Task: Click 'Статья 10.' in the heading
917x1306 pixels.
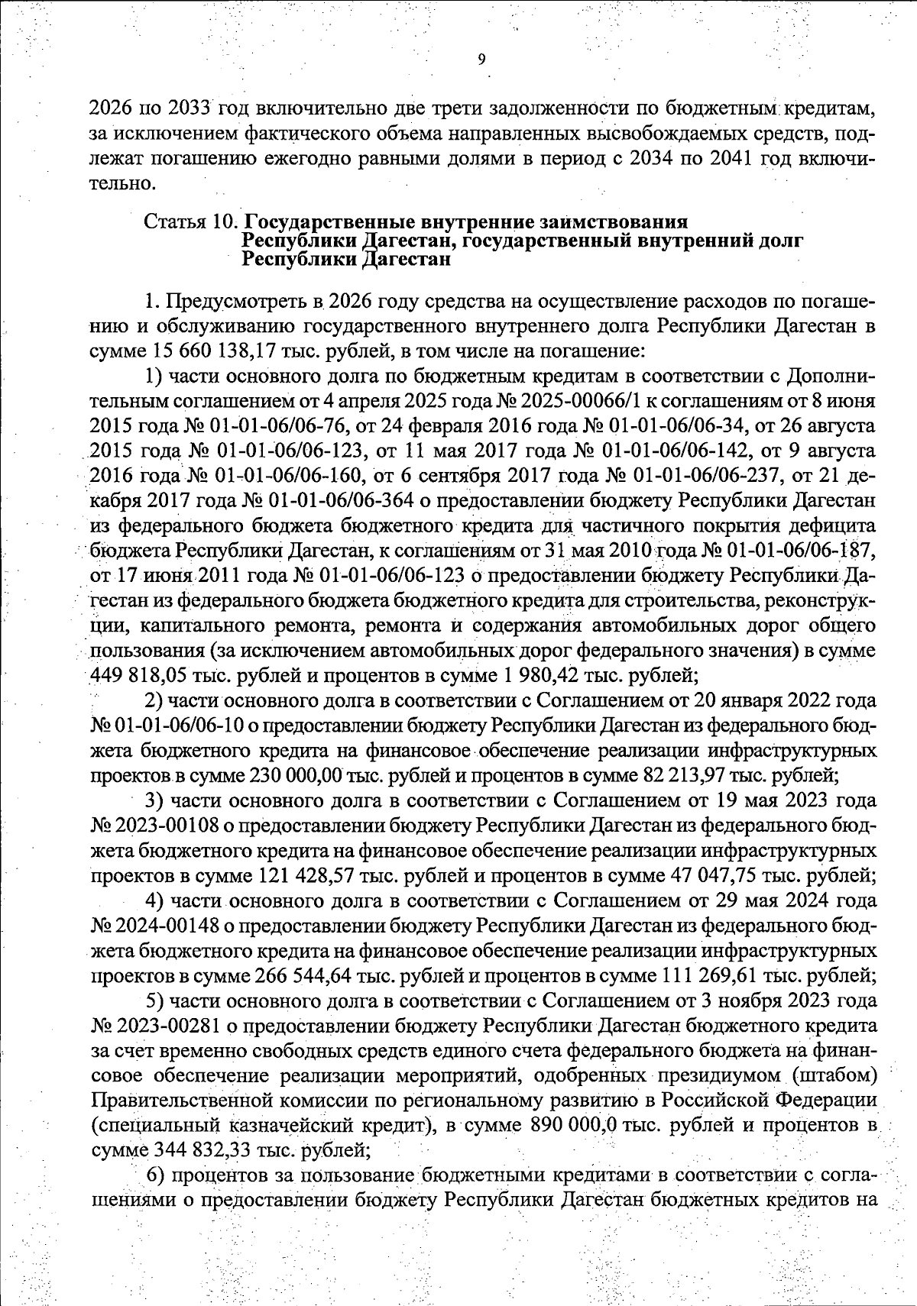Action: [191, 222]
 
